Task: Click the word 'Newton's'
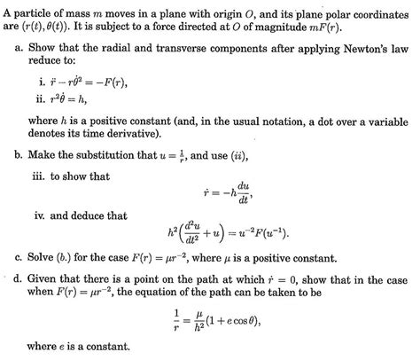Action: point(354,43)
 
